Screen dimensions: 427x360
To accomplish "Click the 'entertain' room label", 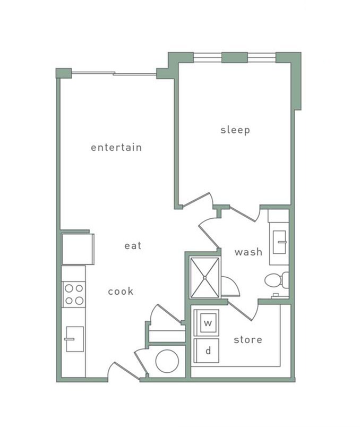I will click(116, 147).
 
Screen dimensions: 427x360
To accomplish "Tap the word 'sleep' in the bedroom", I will click(235, 130).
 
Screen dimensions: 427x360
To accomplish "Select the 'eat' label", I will click(133, 245).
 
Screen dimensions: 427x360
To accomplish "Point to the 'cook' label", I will click(121, 291).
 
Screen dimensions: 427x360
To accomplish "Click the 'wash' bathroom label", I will click(248, 252).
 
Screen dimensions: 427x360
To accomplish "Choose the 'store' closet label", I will click(248, 339).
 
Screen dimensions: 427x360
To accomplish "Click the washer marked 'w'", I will click(208, 322).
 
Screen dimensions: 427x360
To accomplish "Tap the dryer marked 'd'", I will click(208, 351).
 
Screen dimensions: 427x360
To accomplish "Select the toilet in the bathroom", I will click(276, 280).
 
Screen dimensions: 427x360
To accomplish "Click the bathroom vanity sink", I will click(279, 242).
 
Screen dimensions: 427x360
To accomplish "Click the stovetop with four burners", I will click(74, 294).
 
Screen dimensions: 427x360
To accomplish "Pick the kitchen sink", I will click(74, 338).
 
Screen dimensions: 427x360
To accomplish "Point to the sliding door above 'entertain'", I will click(114, 73).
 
